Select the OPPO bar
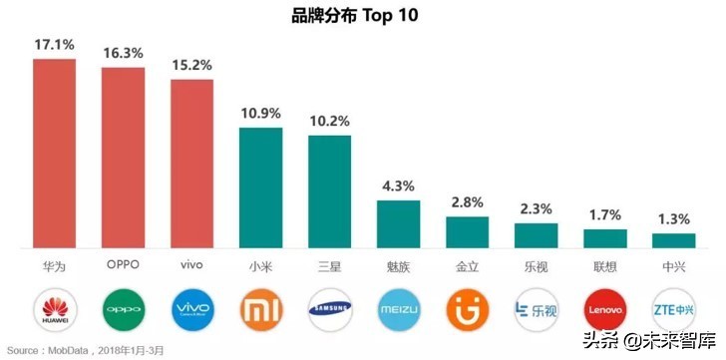coord(123,158)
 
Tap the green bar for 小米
coord(260,187)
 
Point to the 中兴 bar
coord(673,240)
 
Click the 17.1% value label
coord(54,45)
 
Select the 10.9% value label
coord(260,114)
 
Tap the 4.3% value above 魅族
coord(398,186)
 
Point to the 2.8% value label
coord(467,202)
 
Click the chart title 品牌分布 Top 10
coord(362,15)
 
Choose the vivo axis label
coord(190,265)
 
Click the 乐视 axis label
coord(536,265)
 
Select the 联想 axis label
coord(604,265)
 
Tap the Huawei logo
coord(54,308)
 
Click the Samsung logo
coord(329,308)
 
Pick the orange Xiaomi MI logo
coord(260,308)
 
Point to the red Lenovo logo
coord(604,308)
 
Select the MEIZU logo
coord(398,308)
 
